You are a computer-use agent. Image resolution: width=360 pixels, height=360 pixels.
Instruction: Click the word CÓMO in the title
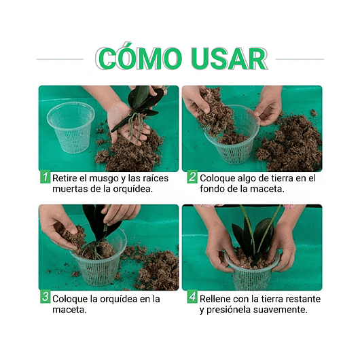pos(139,58)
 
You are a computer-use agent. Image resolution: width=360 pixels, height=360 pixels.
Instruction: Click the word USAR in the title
pos(230,58)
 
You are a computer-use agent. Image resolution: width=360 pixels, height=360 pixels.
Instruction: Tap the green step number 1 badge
pos(45,177)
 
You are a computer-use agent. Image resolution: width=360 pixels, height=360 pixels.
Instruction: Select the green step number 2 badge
pos(192,177)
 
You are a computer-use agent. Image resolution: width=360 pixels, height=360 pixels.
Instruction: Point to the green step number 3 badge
pos(45,297)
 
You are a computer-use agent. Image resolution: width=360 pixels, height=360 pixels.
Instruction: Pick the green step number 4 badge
pos(192,297)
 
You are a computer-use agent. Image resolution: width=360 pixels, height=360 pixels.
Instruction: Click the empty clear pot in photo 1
pos(71,127)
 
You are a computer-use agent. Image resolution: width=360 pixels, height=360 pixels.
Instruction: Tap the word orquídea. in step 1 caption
pos(132,189)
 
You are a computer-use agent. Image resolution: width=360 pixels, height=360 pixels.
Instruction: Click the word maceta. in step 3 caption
pos(69,310)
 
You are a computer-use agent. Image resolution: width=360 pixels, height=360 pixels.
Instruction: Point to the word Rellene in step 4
pos(215,299)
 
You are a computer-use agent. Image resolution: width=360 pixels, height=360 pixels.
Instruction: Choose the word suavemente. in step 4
pos(280,310)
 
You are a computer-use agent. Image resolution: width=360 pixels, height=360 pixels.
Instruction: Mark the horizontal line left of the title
pos(60,59)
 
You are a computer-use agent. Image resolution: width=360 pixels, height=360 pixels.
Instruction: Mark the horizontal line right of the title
pos(300,59)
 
